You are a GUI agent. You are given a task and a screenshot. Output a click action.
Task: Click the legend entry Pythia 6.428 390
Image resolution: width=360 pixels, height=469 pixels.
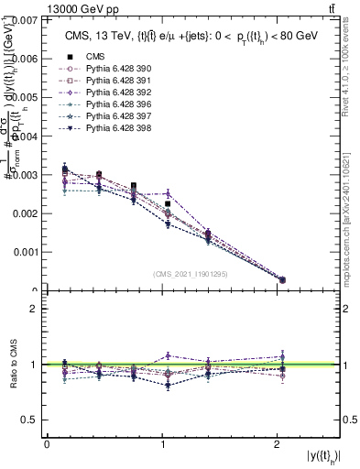pyautogui.click(x=109, y=69)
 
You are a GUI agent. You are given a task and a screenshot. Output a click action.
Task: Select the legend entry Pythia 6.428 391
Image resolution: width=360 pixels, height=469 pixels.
pyautogui.click(x=109, y=81)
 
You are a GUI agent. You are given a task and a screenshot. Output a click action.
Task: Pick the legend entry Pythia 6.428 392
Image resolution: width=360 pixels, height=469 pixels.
pyautogui.click(x=109, y=93)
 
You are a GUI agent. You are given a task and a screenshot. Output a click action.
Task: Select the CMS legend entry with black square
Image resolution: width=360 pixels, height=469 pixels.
pyautogui.click(x=96, y=57)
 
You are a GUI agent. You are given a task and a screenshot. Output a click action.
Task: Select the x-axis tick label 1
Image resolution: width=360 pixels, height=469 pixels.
pyautogui.click(x=163, y=444)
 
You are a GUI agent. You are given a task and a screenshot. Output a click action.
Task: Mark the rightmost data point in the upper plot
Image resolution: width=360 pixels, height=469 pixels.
pyautogui.click(x=281, y=279)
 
